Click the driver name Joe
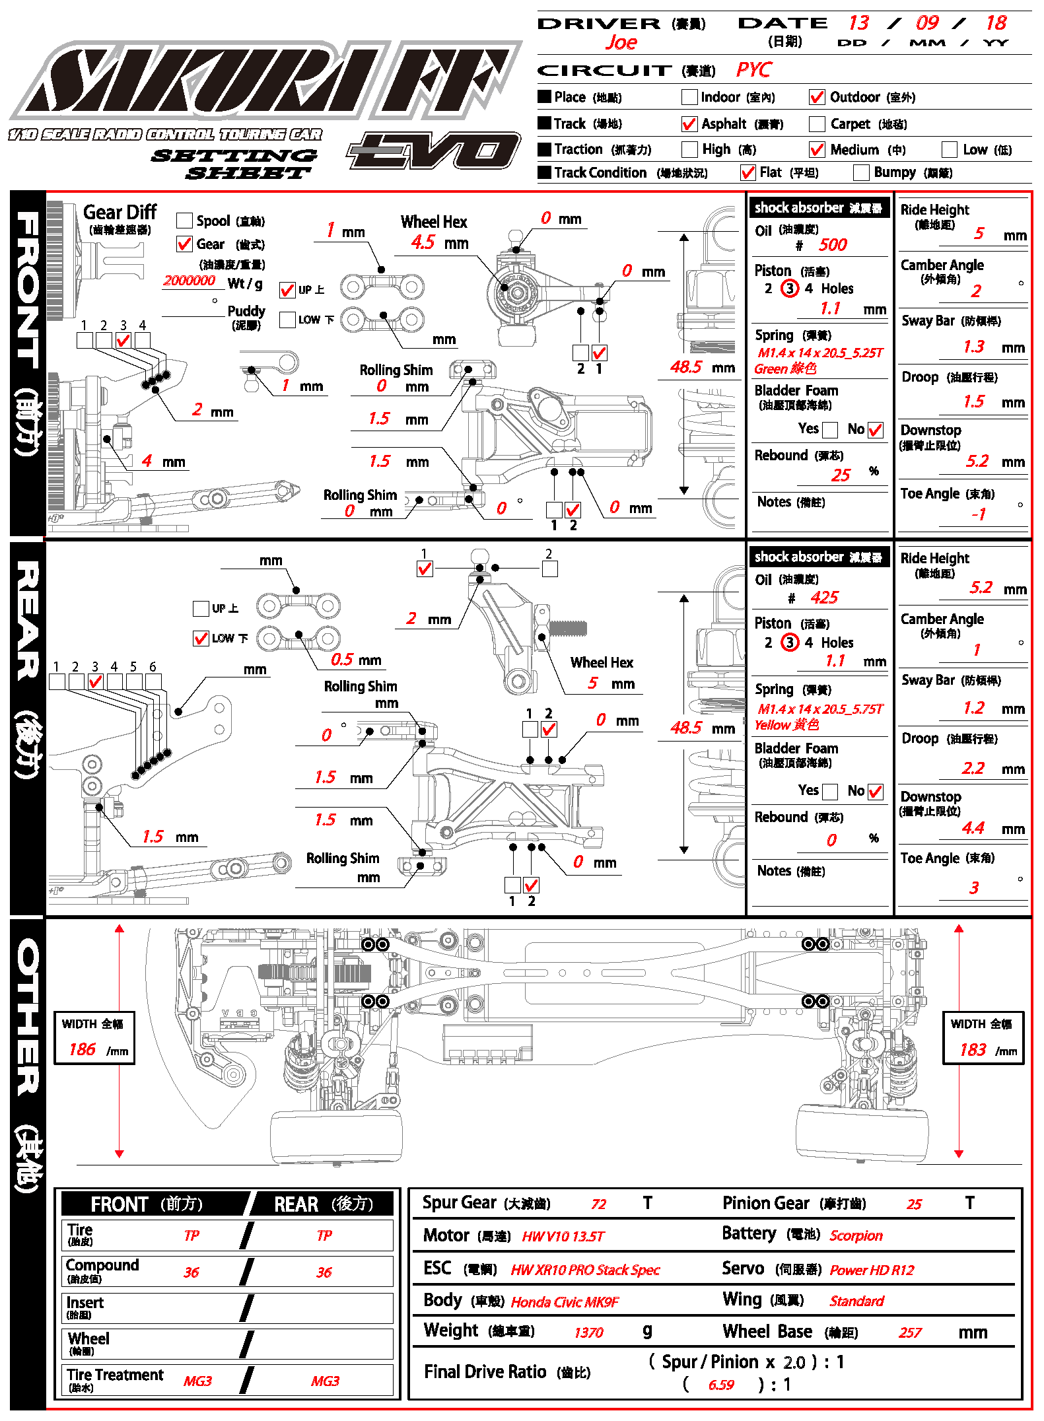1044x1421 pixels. coord(621,43)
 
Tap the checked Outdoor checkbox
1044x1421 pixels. coord(817,97)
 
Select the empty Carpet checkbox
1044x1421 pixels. coord(817,124)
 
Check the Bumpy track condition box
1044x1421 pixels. coord(861,173)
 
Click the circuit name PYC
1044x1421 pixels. coord(753,70)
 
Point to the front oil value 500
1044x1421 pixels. coord(833,245)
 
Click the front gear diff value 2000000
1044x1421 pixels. coord(189,281)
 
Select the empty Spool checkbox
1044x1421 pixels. coord(185,221)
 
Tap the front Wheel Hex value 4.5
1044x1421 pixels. coord(423,242)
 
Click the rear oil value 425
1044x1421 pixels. coord(824,598)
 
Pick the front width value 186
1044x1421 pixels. coord(83,1049)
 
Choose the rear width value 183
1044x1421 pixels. coord(973,1050)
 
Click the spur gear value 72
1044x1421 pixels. coord(598,1204)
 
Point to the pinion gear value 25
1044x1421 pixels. coord(914,1204)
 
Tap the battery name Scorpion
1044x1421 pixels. coord(856,1235)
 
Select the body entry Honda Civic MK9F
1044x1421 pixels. coord(565,1301)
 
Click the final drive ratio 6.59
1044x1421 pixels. coord(721,1385)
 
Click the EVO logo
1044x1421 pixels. coord(434,151)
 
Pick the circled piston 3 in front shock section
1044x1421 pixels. coord(790,289)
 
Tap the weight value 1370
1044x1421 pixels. coord(588,1333)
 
